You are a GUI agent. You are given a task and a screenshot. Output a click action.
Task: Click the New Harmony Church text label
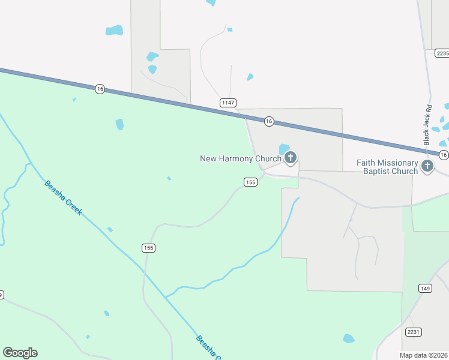pyautogui.click(x=240, y=158)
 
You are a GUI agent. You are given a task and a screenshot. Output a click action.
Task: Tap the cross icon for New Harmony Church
pyautogui.click(x=290, y=158)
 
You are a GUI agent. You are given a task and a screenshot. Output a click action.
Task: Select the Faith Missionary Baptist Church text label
pyautogui.click(x=387, y=167)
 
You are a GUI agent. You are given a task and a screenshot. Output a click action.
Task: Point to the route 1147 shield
pyautogui.click(x=228, y=103)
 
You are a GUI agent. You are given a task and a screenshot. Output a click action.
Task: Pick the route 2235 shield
pyautogui.click(x=442, y=53)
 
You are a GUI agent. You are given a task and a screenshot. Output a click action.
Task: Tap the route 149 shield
pyautogui.click(x=426, y=289)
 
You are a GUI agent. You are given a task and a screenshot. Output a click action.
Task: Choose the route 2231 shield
pyautogui.click(x=414, y=331)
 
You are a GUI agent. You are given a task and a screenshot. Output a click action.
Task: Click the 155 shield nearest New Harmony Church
pyautogui.click(x=251, y=182)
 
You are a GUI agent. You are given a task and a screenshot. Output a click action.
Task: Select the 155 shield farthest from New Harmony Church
pyautogui.click(x=149, y=248)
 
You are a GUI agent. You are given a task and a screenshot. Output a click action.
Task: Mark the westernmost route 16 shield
pyautogui.click(x=100, y=89)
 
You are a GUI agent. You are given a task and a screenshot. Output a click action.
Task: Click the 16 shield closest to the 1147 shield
pyautogui.click(x=269, y=121)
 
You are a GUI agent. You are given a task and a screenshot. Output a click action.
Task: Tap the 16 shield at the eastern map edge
pyautogui.click(x=443, y=155)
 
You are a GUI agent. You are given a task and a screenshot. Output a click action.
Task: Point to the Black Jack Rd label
pyautogui.click(x=428, y=125)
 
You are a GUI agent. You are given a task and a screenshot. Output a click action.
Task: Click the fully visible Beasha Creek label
pyautogui.click(x=63, y=197)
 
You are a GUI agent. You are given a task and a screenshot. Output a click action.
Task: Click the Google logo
pyautogui.click(x=20, y=353)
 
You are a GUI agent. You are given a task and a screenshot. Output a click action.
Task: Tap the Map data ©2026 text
pyautogui.click(x=423, y=355)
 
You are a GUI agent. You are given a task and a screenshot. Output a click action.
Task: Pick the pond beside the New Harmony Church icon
pyautogui.click(x=284, y=148)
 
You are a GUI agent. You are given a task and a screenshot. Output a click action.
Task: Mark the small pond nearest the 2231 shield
pyautogui.click(x=349, y=338)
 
